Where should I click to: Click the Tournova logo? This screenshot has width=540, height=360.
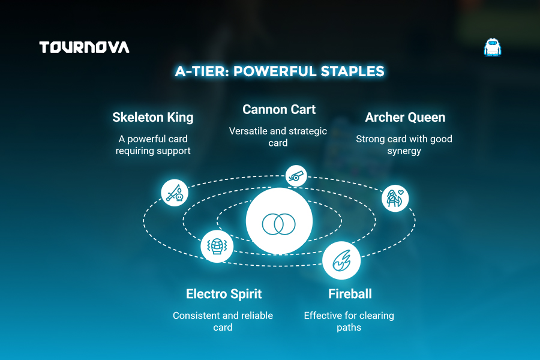click(x=85, y=47)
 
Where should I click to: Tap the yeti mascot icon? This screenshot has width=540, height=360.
click(x=493, y=47)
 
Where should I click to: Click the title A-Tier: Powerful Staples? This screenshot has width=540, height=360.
click(x=279, y=71)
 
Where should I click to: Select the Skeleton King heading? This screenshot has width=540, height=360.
click(x=153, y=117)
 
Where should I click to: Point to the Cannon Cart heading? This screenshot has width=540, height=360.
click(x=279, y=109)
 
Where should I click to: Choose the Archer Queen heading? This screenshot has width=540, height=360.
click(x=405, y=117)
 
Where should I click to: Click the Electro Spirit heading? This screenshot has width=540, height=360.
click(x=224, y=294)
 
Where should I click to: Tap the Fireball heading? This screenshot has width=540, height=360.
click(x=350, y=294)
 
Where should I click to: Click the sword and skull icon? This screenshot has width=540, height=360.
click(x=175, y=193)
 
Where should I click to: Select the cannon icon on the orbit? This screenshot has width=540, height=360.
click(x=296, y=176)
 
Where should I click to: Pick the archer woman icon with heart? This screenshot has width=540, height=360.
click(x=395, y=198)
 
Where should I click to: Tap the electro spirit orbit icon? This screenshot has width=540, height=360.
click(x=217, y=247)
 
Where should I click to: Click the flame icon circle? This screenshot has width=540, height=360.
click(x=341, y=260)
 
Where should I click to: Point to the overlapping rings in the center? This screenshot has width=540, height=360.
click(x=278, y=224)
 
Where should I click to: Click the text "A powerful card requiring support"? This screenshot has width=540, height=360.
click(x=153, y=145)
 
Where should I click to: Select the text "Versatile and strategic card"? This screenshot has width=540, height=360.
click(x=278, y=137)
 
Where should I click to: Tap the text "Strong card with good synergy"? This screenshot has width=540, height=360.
click(x=404, y=145)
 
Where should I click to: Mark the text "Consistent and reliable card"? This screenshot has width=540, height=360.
click(x=223, y=321)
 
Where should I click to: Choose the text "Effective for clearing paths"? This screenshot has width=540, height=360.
click(x=349, y=321)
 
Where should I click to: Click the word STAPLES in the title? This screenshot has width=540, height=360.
click(x=352, y=71)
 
